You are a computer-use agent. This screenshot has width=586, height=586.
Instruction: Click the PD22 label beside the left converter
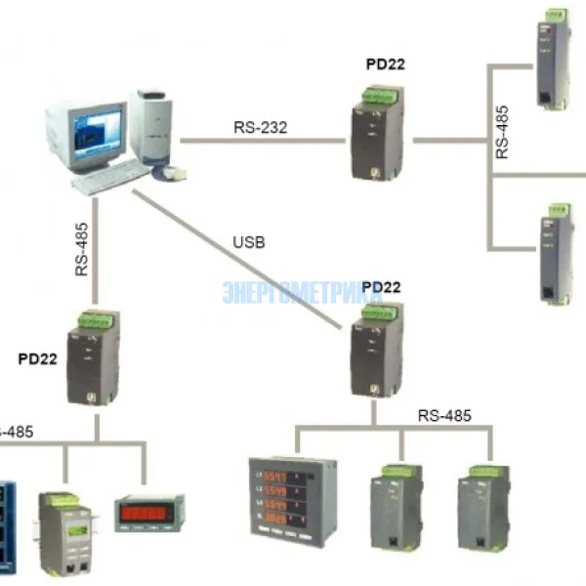coord(37,358)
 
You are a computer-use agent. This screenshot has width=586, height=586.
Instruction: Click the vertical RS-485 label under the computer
coord(82,249)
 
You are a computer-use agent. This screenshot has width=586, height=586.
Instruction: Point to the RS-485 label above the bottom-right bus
coord(444,415)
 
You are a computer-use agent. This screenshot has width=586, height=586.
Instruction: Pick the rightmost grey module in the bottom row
coord(484,506)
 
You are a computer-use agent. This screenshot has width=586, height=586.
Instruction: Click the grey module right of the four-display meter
coord(397,506)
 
